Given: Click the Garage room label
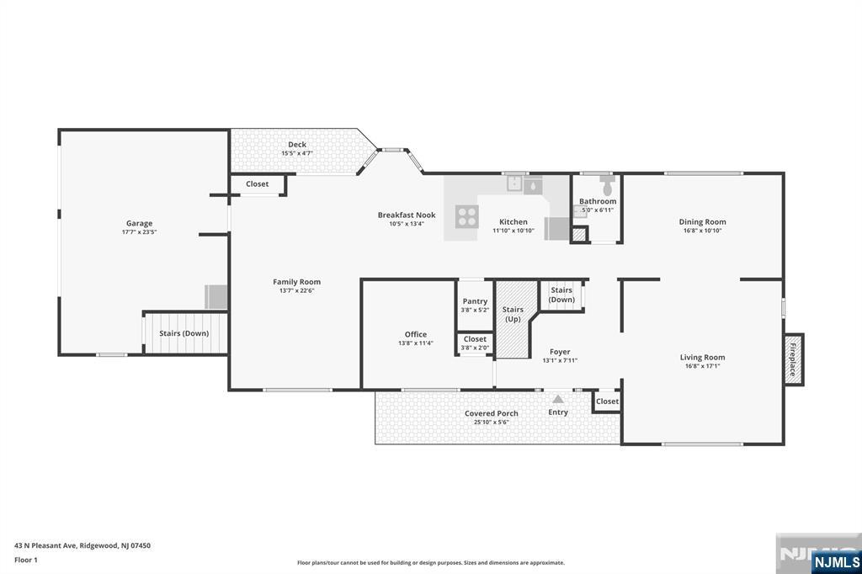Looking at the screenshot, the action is [139, 223].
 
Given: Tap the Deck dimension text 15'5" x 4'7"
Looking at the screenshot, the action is [297, 153].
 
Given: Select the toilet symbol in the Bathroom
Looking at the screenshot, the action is [608, 185].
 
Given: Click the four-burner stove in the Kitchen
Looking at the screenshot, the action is [466, 216].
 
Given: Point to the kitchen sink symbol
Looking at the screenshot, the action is [514, 183].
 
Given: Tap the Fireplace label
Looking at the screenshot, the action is [793, 359].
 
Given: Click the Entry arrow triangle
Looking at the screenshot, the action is [558, 399].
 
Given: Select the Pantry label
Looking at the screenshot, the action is [475, 301].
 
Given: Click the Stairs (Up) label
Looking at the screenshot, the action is [513, 315].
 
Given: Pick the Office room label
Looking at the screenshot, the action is [416, 334].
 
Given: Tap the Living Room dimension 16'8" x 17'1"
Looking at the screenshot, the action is [703, 366].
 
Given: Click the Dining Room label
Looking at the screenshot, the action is [703, 222].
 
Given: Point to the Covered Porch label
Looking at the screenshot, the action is [492, 413].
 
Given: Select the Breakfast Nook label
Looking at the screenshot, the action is [407, 215].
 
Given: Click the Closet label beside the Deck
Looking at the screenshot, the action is [258, 184].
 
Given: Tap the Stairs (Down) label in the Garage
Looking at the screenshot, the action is [184, 333].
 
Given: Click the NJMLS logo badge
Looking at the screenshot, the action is [837, 562].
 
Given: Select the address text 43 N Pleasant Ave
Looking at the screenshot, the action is [45, 546].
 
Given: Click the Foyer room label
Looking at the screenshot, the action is [560, 352].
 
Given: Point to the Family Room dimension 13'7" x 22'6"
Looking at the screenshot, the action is [297, 291].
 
